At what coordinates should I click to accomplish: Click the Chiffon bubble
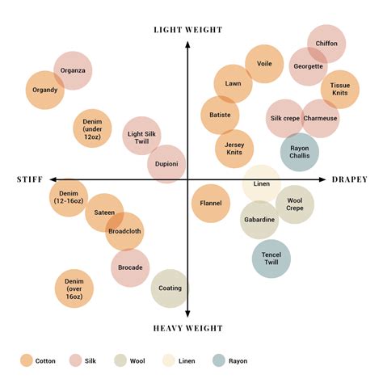point(326,44)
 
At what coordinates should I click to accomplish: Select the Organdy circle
point(45,90)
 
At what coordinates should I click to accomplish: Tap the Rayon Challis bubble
point(300,152)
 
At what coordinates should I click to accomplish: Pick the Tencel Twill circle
point(271,259)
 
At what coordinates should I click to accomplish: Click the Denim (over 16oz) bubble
point(74,288)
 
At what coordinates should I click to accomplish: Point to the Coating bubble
point(170,288)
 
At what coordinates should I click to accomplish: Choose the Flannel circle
point(211,204)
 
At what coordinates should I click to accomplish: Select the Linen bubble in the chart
point(262,184)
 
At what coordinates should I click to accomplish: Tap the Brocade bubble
point(130,267)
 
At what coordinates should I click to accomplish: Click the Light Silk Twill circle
point(141,136)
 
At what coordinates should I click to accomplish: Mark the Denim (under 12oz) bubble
point(92,128)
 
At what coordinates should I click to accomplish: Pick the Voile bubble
point(264,64)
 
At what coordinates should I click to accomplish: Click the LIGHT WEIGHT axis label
point(188,30)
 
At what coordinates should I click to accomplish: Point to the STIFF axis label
point(30,179)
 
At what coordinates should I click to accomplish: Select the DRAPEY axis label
point(350,179)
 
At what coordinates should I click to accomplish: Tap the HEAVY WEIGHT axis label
point(188,328)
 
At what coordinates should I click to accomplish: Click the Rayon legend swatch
point(218,360)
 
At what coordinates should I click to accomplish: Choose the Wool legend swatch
point(120,360)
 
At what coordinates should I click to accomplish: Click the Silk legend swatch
point(75,360)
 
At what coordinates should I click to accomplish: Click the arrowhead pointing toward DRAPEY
point(322,179)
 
